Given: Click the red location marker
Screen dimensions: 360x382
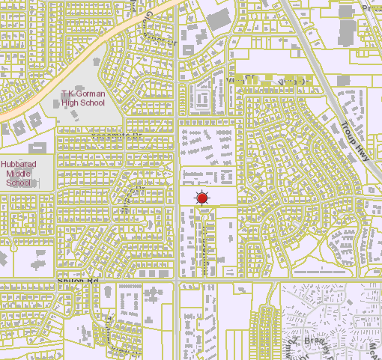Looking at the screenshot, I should coord(201,198).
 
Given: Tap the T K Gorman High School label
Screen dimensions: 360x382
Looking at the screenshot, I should coord(82,98).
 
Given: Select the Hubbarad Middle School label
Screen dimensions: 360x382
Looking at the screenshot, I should coord(18,172).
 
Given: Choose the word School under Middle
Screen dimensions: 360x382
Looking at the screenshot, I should coord(18,182).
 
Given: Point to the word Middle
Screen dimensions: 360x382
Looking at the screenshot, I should coord(18,173).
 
